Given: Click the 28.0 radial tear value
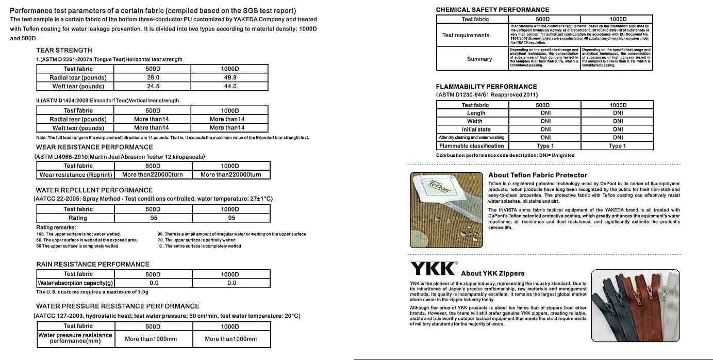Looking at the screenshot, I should pyautogui.click(x=153, y=77).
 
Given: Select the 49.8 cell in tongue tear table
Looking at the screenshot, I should pyautogui.click(x=230, y=77).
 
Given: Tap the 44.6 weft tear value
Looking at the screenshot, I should pyautogui.click(x=230, y=86).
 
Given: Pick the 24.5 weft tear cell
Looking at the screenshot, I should pyautogui.click(x=153, y=86).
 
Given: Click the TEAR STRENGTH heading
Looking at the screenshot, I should pyautogui.click(x=64, y=50).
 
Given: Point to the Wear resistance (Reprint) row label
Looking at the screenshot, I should pyautogui.click(x=76, y=174).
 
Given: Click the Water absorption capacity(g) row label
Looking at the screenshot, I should pyautogui.click(x=76, y=283).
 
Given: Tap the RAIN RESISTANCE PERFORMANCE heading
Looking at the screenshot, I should pyautogui.click(x=93, y=264).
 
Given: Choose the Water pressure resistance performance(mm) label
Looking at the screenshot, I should pyautogui.click(x=76, y=338).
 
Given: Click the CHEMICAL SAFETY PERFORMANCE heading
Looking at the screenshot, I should pyautogui.click(x=492, y=10).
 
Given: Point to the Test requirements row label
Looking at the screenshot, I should pyautogui.click(x=466, y=35).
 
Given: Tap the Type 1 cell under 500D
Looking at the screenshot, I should pyautogui.click(x=545, y=146).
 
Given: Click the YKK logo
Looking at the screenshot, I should pyautogui.click(x=433, y=269).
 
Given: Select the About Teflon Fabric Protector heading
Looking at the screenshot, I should pyautogui.click(x=538, y=175).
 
